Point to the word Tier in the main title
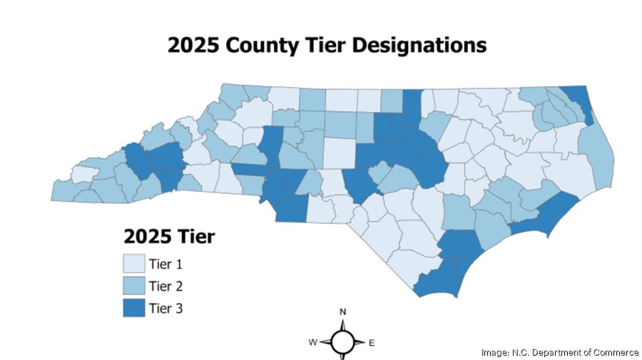315,46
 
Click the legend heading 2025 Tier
169,236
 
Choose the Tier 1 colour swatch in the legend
133,264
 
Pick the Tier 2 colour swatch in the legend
133,286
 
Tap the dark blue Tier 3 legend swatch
133,308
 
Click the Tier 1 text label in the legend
166,264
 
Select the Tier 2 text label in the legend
166,286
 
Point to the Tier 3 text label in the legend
166,308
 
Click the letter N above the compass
343,312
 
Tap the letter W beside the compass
312,343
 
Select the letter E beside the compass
372,343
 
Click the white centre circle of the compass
342,343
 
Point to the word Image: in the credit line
495,351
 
